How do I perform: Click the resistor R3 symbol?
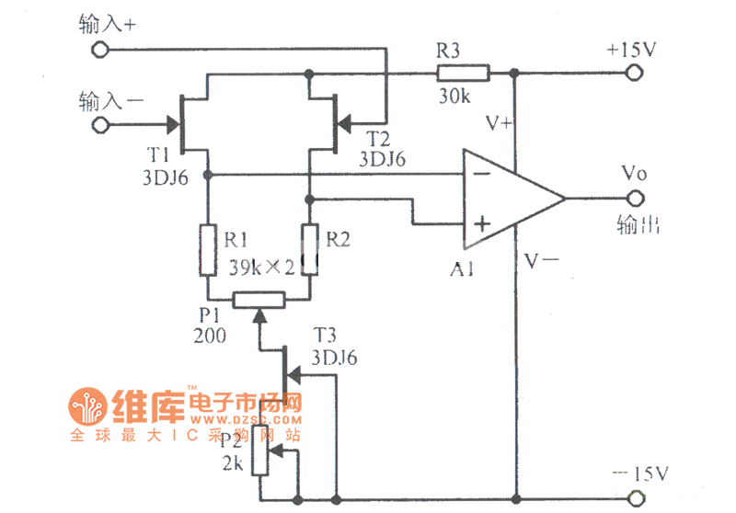[x=463, y=72]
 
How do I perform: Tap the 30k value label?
[x=454, y=96]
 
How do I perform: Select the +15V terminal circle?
[x=634, y=72]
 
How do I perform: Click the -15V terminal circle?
[x=634, y=500]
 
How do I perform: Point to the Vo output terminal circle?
[x=634, y=199]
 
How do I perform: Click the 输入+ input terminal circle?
[x=99, y=51]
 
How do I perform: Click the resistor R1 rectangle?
[x=206, y=249]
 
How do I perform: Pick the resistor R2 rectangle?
[x=310, y=249]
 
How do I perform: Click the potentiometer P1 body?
[x=259, y=299]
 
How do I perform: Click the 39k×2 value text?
[x=261, y=268]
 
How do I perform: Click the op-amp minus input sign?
[x=478, y=175]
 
